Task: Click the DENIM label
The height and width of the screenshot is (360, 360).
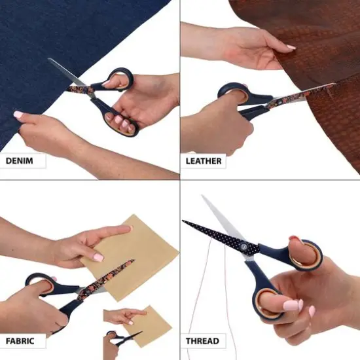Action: click(22, 160)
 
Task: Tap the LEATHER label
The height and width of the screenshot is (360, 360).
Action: click(204, 160)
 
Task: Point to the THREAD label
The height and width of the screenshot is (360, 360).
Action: click(202, 341)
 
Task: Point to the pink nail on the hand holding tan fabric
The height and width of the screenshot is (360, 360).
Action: click(98, 257)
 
